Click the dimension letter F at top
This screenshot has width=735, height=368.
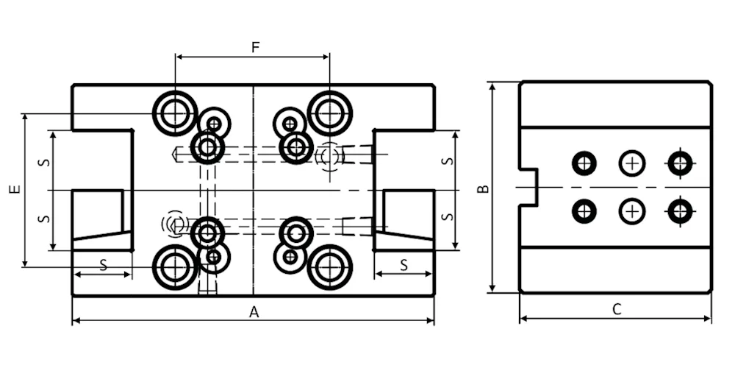(x=256, y=47)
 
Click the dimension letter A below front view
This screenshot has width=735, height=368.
(x=254, y=312)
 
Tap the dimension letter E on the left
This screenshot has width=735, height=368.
(x=15, y=189)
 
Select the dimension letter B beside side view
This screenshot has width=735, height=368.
(x=484, y=188)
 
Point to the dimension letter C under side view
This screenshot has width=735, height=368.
(x=617, y=309)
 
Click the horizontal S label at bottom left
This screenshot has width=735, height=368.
(x=104, y=265)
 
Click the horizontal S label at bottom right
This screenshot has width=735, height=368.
(x=404, y=266)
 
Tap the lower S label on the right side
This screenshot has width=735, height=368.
(x=448, y=217)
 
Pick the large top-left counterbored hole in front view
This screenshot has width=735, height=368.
(x=175, y=113)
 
